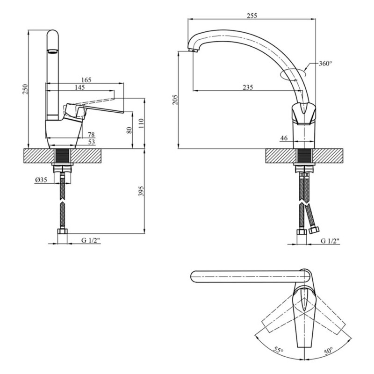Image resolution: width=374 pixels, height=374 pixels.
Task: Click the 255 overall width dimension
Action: (251, 15)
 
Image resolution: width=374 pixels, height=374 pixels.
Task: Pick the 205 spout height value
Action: (175, 100)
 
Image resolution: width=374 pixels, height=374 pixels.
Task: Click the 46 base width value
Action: (284, 138)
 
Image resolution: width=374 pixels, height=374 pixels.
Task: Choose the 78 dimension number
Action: (91, 135)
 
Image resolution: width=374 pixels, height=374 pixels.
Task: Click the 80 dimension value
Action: (129, 130)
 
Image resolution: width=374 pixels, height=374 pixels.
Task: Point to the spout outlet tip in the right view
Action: (192, 49)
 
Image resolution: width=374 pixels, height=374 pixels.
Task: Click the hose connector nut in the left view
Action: (62, 232)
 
